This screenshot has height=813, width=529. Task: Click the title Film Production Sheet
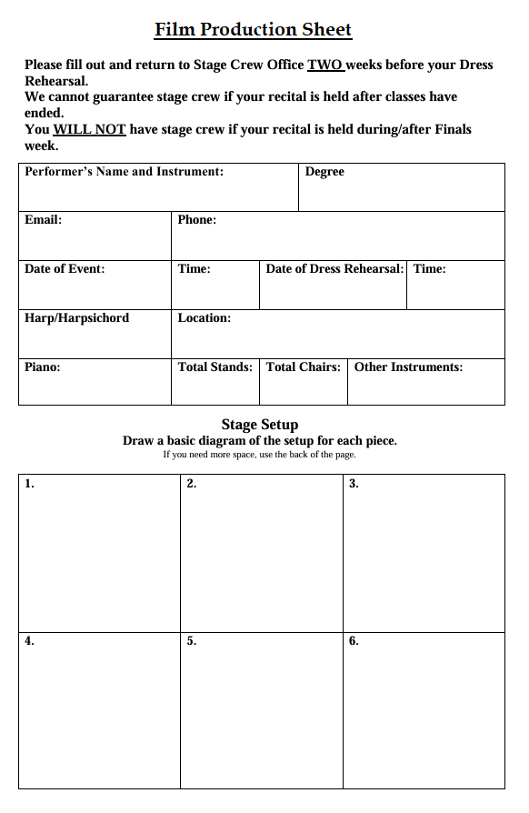(x=253, y=30)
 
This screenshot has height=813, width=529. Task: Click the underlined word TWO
(x=324, y=65)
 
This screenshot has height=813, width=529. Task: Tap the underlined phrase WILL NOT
(x=89, y=129)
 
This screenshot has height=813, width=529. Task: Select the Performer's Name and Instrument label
(x=124, y=171)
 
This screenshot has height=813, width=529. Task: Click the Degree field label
(x=324, y=171)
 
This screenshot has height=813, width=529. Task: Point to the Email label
(x=43, y=219)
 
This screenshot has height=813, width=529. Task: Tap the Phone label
(x=196, y=219)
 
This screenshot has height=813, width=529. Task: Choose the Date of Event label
(x=65, y=268)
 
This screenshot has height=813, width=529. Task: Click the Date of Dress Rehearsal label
(x=334, y=268)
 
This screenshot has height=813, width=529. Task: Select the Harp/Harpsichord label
(x=76, y=317)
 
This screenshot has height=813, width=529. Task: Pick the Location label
(x=204, y=317)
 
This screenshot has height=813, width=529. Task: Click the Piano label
(x=42, y=366)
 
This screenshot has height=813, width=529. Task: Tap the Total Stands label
(x=215, y=366)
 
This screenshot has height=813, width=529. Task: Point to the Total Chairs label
(x=303, y=366)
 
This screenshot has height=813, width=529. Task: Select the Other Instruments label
(x=408, y=366)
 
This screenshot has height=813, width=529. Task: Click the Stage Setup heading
(x=260, y=424)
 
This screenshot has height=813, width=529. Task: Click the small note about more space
(x=259, y=454)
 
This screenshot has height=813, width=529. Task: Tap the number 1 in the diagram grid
(x=29, y=484)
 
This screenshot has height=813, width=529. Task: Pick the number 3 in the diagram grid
(x=354, y=484)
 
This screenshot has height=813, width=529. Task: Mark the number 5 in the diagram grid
(x=191, y=641)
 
